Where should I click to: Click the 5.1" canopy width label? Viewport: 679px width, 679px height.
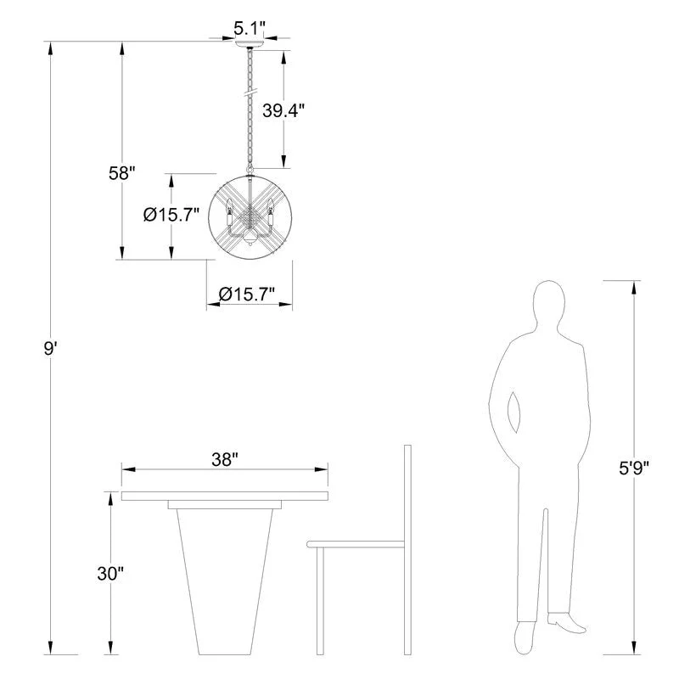coord(249,29)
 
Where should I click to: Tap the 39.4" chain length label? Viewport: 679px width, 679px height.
coord(283,110)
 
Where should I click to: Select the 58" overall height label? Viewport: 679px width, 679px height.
coord(121,173)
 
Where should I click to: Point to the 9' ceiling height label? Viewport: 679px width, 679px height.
coord(50,348)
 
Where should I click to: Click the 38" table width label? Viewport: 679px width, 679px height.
coord(225,459)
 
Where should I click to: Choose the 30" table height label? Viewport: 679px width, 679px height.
coord(110,574)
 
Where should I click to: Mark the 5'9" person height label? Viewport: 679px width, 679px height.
coord(634,469)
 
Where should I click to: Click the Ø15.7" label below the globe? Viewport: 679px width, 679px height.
coord(247,294)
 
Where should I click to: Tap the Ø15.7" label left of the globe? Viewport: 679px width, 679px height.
coord(171,215)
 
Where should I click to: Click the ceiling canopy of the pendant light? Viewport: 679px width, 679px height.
coord(250,44)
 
